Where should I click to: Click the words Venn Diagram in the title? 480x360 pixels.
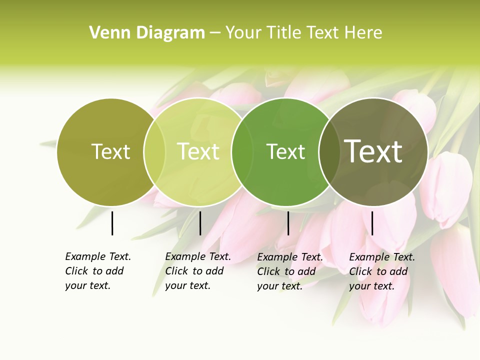(x=147, y=33)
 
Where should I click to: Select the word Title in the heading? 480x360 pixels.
(x=284, y=33)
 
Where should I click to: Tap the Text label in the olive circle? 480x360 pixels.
(x=111, y=151)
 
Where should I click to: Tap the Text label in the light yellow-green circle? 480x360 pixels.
(x=198, y=151)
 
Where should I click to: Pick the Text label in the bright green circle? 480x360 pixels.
(x=285, y=151)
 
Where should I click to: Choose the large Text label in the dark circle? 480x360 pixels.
(x=373, y=151)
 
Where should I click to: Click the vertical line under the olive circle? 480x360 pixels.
(x=112, y=223)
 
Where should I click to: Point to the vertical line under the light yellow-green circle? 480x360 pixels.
(x=200, y=223)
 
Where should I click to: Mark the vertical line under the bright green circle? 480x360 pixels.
(x=288, y=223)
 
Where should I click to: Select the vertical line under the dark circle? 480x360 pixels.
(x=372, y=223)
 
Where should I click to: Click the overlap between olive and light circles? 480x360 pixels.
(x=154, y=152)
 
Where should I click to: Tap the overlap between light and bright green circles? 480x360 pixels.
(x=242, y=152)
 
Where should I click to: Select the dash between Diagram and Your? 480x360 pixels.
(x=215, y=33)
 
